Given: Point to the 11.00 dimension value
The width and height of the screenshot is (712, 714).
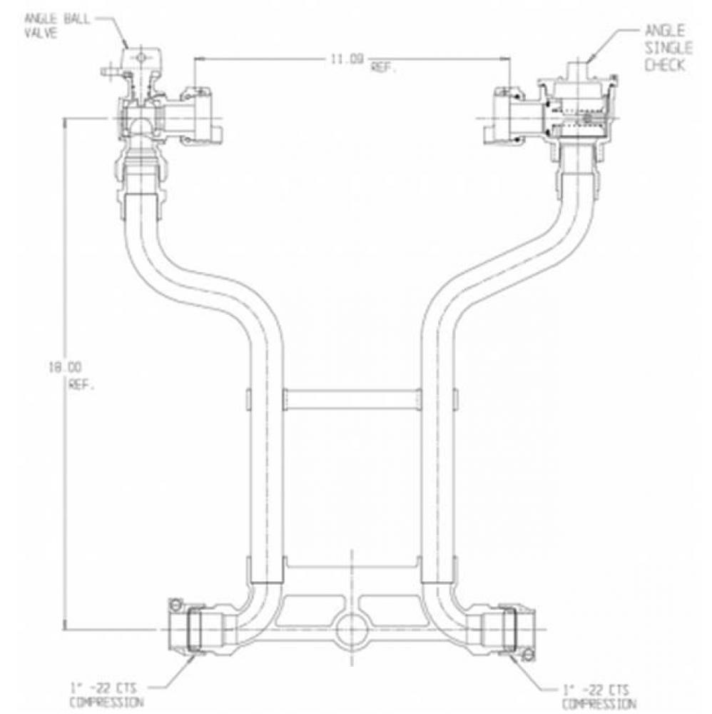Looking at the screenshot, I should [344, 60].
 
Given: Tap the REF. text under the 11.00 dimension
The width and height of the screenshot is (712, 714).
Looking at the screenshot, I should [384, 69].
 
